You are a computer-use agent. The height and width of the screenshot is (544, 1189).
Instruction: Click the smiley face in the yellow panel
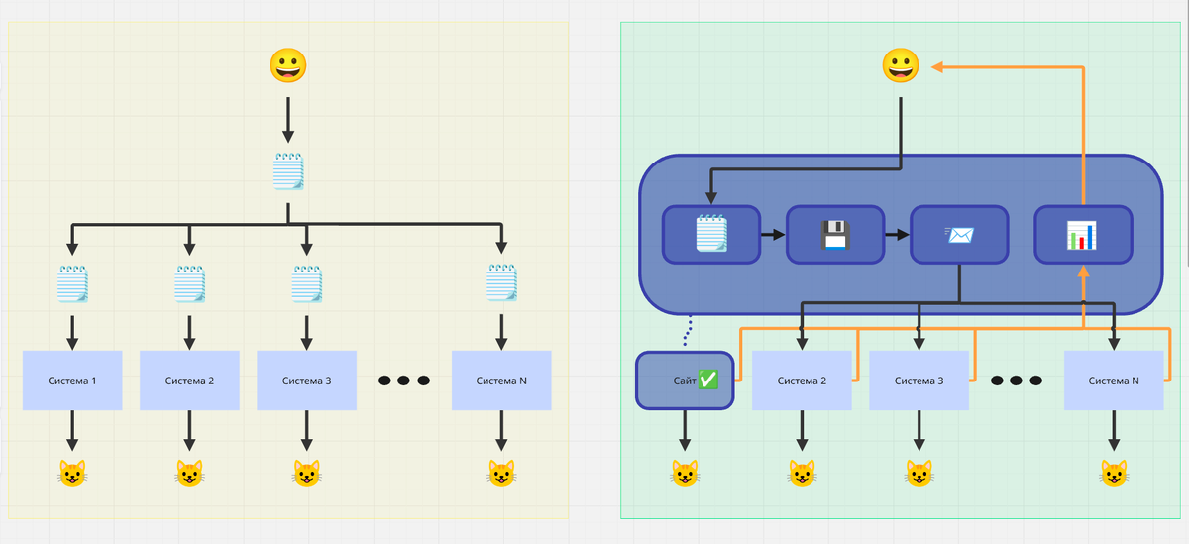coord(287,65)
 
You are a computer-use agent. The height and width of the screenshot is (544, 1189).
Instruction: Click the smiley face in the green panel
coord(901,65)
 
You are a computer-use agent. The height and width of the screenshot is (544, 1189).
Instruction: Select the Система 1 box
coord(72,381)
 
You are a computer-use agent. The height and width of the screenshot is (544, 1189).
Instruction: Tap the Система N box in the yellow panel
coord(500,381)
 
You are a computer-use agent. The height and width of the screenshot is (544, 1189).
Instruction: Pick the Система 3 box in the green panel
coord(919,381)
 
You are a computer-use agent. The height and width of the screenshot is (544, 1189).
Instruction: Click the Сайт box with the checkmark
coord(684,381)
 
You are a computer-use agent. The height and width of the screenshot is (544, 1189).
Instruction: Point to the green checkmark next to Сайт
coord(708,380)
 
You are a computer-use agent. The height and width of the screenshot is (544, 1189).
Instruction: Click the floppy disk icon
coord(834,235)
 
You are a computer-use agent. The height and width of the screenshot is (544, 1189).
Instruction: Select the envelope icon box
coord(959,235)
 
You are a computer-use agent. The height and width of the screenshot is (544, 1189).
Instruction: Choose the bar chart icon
coord(1082,235)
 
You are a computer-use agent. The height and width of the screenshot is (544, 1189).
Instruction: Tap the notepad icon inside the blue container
coord(711,235)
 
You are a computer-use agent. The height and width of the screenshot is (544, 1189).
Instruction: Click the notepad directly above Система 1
coord(72,284)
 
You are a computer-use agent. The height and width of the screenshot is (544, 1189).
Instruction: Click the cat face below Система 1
coord(72,474)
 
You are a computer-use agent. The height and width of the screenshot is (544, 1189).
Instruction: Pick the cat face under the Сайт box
coord(684,474)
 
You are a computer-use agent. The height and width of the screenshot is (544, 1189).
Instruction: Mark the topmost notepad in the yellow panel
coord(287,171)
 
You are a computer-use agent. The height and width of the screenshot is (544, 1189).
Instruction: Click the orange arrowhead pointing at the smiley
coord(936,66)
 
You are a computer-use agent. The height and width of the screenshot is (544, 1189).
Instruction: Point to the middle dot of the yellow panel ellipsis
coord(403,381)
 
